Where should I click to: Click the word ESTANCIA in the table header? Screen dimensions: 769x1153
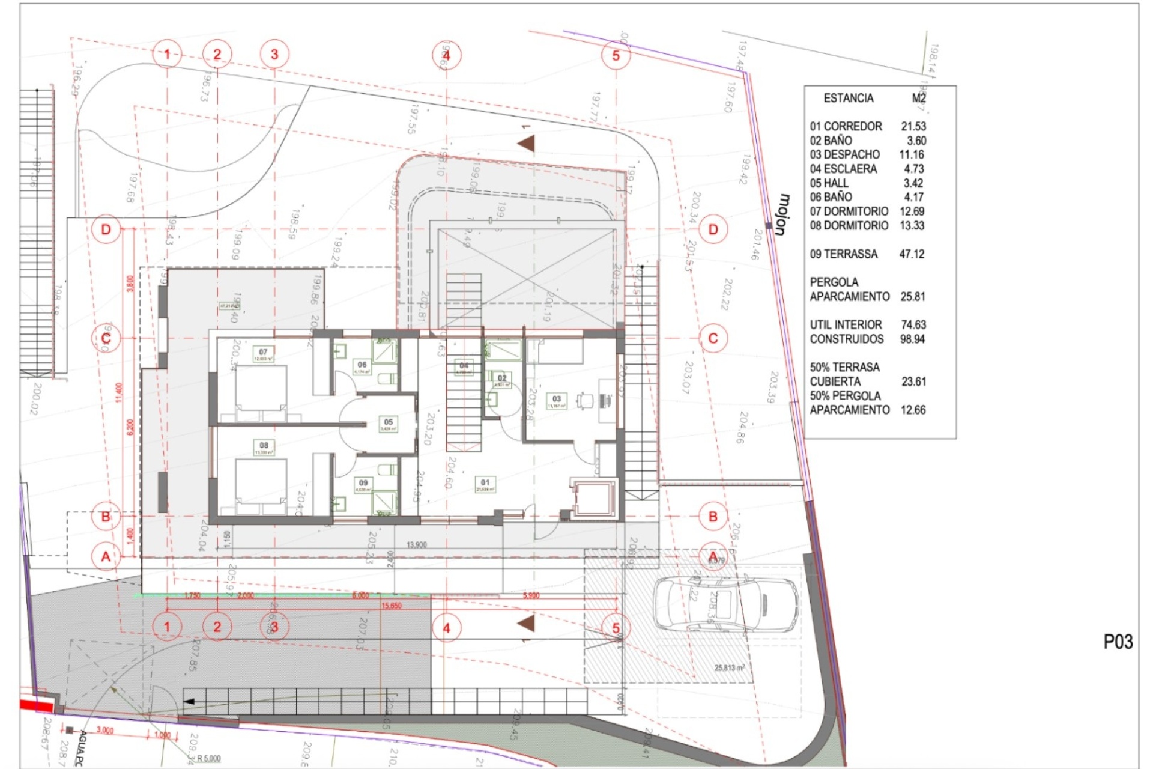pyautogui.click(x=848, y=98)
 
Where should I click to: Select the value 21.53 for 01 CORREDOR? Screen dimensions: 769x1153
pyautogui.click(x=913, y=126)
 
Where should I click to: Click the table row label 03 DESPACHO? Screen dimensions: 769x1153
pyautogui.click(x=844, y=154)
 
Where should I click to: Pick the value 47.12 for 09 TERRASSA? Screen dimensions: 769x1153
pyautogui.click(x=912, y=254)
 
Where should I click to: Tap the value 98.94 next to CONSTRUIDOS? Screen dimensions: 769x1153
pyautogui.click(x=912, y=339)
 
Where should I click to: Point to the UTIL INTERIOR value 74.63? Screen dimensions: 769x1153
pyautogui.click(x=913, y=324)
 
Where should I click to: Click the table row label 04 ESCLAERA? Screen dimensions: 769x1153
pyautogui.click(x=843, y=169)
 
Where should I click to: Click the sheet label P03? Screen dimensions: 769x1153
pyautogui.click(x=1118, y=642)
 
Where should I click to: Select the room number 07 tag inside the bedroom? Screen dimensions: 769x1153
pyautogui.click(x=263, y=353)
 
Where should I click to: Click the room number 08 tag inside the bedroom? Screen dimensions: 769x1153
pyautogui.click(x=264, y=446)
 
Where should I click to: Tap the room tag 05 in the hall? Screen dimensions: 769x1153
pyautogui.click(x=389, y=422)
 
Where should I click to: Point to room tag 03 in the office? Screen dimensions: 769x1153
pyautogui.click(x=557, y=399)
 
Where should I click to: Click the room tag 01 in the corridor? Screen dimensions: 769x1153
pyautogui.click(x=485, y=482)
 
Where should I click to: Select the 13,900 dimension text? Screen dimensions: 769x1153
pyautogui.click(x=416, y=545)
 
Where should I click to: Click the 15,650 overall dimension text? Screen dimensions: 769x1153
pyautogui.click(x=392, y=606)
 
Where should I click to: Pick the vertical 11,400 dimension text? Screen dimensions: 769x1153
pyautogui.click(x=119, y=392)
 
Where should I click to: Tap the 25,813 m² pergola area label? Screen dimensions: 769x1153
pyautogui.click(x=729, y=668)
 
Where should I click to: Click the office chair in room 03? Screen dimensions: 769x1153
pyautogui.click(x=584, y=400)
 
